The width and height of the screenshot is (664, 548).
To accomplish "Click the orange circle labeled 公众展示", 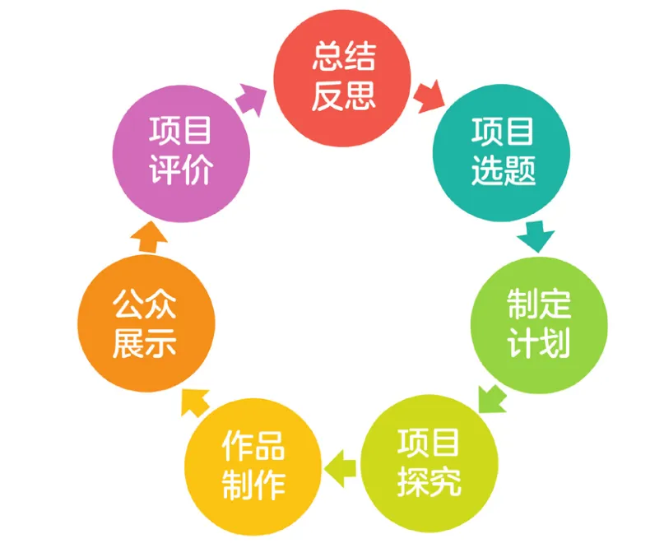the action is (145, 324).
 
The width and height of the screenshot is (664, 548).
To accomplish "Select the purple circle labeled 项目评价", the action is (180, 152).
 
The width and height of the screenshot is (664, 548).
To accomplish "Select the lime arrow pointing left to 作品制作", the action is (340, 466).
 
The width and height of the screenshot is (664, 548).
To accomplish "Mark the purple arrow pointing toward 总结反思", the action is (252, 98).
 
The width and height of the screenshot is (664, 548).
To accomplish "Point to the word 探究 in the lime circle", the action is (430, 482).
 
